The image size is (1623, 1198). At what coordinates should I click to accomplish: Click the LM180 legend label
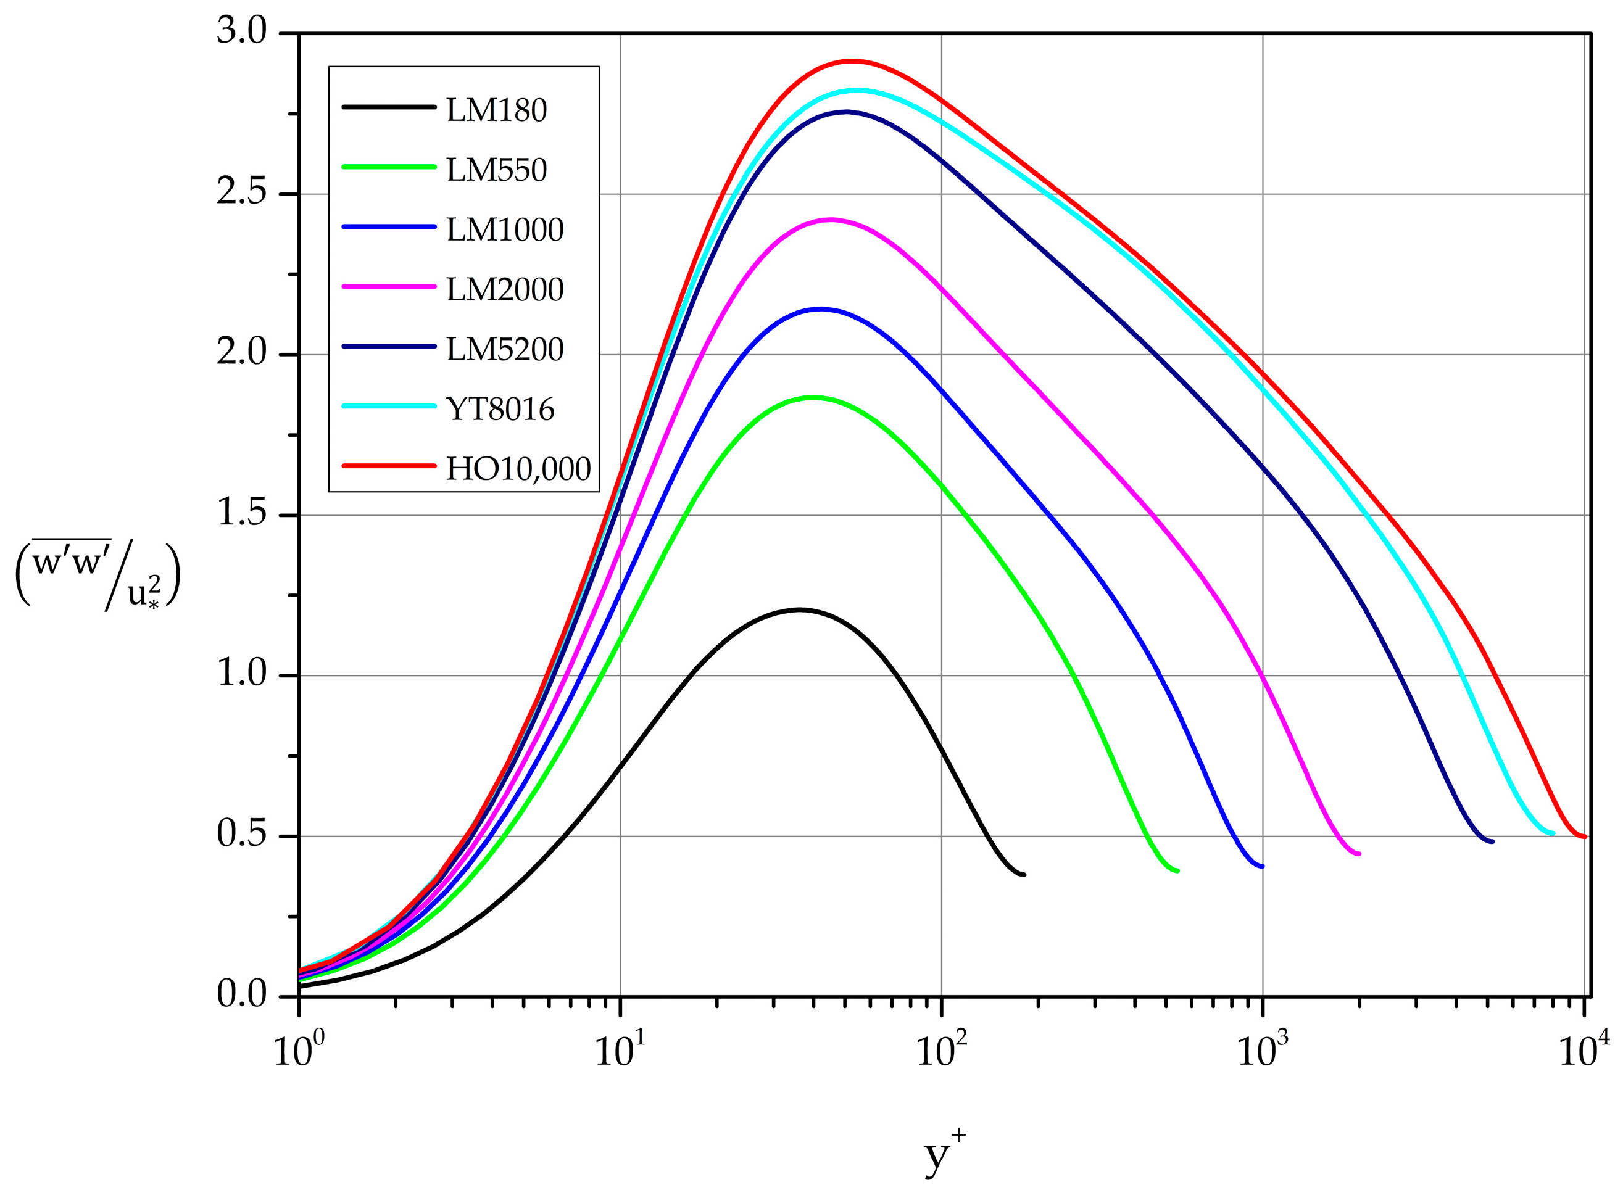pos(496,110)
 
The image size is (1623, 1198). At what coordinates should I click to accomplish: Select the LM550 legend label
pos(496,170)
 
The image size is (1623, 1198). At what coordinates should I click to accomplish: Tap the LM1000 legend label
pos(504,230)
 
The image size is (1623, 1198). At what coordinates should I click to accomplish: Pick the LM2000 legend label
pos(504,289)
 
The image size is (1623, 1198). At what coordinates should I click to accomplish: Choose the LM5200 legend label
pos(504,350)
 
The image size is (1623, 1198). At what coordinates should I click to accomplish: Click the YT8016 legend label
pos(500,410)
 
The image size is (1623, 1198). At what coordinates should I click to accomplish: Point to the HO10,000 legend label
pos(518,469)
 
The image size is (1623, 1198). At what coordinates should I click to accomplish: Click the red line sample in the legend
pos(388,466)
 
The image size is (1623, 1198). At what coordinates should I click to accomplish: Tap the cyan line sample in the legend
pos(388,406)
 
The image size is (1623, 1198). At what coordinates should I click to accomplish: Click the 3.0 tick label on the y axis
pos(242,33)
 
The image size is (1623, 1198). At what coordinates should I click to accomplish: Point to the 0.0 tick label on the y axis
pos(242,995)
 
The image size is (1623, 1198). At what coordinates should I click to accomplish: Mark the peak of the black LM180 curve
pos(800,609)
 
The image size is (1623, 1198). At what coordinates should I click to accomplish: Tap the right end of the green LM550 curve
pos(1177,870)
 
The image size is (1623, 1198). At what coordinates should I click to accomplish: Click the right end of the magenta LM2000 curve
pos(1358,854)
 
